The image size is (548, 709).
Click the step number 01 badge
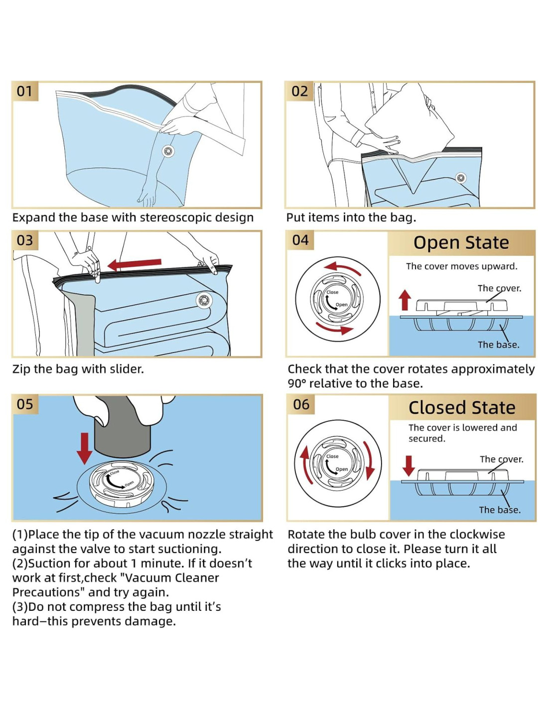tap(24, 91)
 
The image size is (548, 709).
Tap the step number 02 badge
tap(299, 91)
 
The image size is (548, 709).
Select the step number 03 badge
tap(25, 240)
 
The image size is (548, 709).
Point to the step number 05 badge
tap(25, 404)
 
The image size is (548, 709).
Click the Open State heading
tap(461, 243)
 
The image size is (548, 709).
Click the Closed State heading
tap(462, 407)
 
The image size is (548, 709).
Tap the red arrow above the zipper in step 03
tap(135, 264)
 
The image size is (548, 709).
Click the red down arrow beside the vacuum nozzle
tap(84, 447)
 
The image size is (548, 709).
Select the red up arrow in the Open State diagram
tap(405, 300)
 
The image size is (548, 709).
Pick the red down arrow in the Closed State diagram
tap(409, 465)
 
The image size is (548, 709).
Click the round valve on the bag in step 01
tap(168, 151)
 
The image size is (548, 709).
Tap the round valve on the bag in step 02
tap(461, 177)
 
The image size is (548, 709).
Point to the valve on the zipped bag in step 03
tap(204, 300)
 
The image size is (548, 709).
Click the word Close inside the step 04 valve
tap(332, 292)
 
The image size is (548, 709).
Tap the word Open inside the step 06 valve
tap(342, 469)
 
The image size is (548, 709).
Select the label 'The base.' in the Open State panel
tap(498, 345)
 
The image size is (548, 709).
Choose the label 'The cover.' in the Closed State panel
tap(501, 459)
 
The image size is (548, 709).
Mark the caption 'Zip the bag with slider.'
tap(78, 369)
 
